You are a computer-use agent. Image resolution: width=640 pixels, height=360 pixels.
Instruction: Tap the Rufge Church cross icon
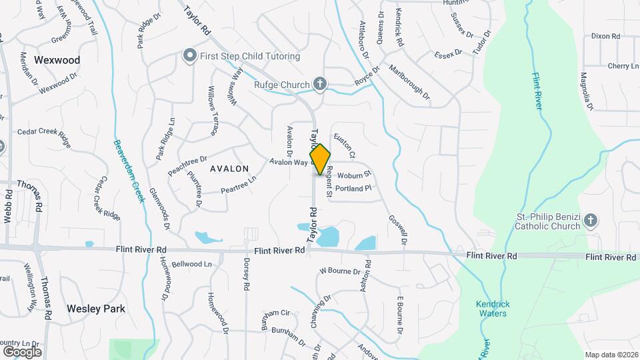pos(320,84)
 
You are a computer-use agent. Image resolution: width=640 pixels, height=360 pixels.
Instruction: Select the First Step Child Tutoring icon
pos(190,56)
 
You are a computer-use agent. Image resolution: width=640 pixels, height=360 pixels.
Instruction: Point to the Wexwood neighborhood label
pos(57,60)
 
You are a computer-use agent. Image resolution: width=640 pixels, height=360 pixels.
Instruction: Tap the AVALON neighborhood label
pos(229,169)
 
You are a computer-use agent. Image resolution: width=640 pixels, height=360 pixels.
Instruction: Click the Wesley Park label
pos(96,309)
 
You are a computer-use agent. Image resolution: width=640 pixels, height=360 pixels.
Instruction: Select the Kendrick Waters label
pos(493,309)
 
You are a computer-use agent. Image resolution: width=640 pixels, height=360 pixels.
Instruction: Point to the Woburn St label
pos(353,175)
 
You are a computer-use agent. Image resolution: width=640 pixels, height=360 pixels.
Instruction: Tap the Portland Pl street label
pos(353,189)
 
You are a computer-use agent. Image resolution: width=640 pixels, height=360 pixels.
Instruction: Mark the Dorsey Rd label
pos(246,274)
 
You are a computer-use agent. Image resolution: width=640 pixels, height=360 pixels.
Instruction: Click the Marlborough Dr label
pos(409,85)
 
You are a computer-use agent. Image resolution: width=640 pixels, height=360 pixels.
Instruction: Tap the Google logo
pos(22,351)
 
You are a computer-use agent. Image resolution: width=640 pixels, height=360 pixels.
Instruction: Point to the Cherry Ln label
pos(623,66)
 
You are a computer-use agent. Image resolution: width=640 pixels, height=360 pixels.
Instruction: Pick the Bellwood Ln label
pos(191,265)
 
